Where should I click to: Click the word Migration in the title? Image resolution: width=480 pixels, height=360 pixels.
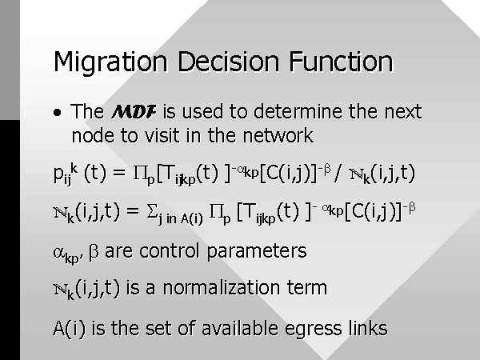point(110,62)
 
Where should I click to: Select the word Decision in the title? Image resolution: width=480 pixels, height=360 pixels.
point(229,62)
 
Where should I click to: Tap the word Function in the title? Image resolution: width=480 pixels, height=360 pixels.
point(341,62)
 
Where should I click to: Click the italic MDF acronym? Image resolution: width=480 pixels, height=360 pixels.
point(134,111)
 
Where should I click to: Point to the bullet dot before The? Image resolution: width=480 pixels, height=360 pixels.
point(58,113)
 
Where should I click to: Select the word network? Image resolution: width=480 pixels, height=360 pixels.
point(278,135)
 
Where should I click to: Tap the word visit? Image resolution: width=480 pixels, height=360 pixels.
point(162,135)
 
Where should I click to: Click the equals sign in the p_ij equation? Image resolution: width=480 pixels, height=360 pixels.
point(119,172)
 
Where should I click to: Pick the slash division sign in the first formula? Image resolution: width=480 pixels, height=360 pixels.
point(338,173)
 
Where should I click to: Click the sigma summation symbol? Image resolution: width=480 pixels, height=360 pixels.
point(152,210)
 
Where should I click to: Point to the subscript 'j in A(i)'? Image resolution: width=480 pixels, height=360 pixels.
point(180,218)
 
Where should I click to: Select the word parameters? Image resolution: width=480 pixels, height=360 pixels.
point(257,252)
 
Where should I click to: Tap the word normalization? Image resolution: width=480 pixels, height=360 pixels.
point(222,288)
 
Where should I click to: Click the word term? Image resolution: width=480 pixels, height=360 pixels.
point(307,288)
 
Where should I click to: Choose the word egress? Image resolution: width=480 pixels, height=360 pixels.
point(313,329)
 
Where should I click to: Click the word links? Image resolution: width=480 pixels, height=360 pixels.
point(368,327)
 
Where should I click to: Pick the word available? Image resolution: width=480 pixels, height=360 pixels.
point(240,327)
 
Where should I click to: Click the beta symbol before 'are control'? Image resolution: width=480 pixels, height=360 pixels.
point(94,253)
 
